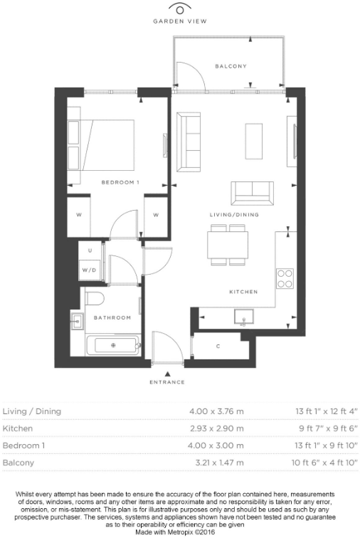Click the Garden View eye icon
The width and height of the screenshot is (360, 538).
coord(181,9)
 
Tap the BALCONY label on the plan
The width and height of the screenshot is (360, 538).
coord(231,66)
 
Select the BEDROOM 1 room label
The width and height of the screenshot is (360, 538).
coord(120,183)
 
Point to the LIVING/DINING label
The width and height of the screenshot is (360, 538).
coord(234,214)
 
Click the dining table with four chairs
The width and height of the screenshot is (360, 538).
coord(228,245)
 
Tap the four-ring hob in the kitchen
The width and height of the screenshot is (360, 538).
coord(285,278)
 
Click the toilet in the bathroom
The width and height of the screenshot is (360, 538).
coord(95,298)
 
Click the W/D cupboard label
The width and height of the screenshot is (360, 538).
coord(89,270)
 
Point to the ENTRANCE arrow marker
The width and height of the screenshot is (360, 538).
coord(167,373)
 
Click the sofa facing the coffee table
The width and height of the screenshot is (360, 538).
coord(189,142)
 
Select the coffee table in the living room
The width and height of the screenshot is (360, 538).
coord(254,142)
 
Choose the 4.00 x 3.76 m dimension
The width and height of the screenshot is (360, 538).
coord(216,411)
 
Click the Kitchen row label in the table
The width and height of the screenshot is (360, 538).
coord(17,429)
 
